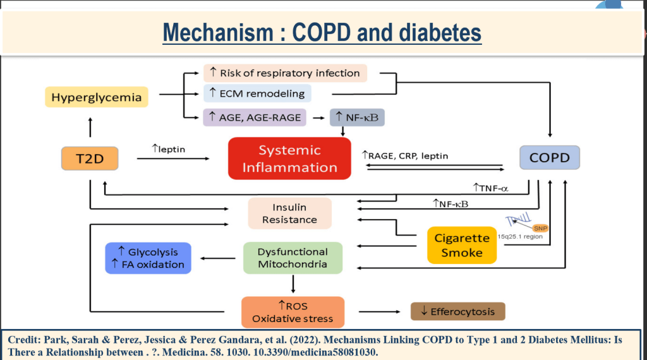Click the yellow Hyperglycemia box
tap(97, 97)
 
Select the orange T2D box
tap(90, 158)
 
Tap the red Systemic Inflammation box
tap(289, 159)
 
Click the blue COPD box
tap(549, 158)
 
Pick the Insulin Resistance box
tap(289, 213)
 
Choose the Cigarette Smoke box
tap(462, 245)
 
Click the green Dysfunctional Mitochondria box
tap(293, 258)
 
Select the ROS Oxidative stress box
tap(293, 312)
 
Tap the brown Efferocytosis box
tap(457, 311)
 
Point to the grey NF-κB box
tap(357, 117)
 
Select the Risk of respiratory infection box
tap(284, 73)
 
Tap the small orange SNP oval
tap(540, 228)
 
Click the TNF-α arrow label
tap(490, 188)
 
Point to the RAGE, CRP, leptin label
tap(404, 155)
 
